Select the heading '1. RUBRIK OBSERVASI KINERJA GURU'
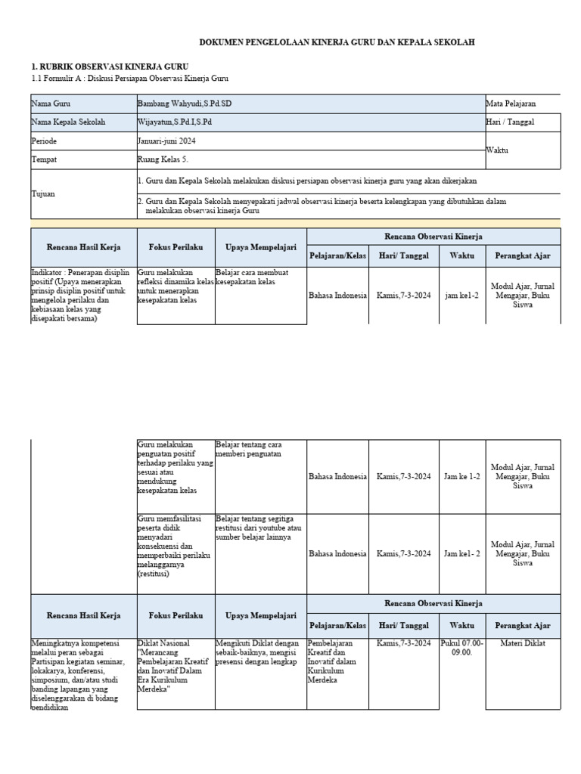tap(110, 67)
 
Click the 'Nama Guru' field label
tap(48, 103)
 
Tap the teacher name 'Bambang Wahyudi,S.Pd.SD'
tap(185, 103)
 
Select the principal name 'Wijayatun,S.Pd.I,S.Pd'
tap(175, 122)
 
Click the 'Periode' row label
tap(44, 141)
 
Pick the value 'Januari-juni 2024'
tap(171, 141)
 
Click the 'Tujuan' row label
tap(43, 193)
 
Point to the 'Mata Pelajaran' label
tap(511, 103)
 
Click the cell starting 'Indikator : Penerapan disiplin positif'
tap(82, 295)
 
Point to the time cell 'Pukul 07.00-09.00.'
tap(461, 648)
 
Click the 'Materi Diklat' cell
tap(522, 643)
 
